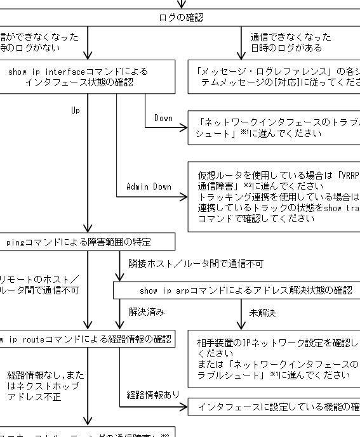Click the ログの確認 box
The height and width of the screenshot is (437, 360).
tap(180, 18)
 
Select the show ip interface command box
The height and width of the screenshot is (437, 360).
tap(87, 77)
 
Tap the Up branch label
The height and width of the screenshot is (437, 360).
tap(76, 110)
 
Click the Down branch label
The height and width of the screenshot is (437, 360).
tap(163, 118)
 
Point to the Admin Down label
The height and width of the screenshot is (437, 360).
tap(149, 186)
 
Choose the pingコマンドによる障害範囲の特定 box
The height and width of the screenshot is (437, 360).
tap(87, 242)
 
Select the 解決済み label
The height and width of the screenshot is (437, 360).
tap(147, 312)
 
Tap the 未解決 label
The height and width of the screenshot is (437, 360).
tap(262, 313)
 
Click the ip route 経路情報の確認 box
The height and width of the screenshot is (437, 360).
tap(87, 339)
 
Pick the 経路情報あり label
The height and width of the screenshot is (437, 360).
tap(153, 395)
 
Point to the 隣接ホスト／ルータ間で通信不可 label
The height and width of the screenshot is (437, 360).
tap(196, 263)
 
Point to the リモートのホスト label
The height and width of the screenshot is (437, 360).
tap(39, 285)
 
